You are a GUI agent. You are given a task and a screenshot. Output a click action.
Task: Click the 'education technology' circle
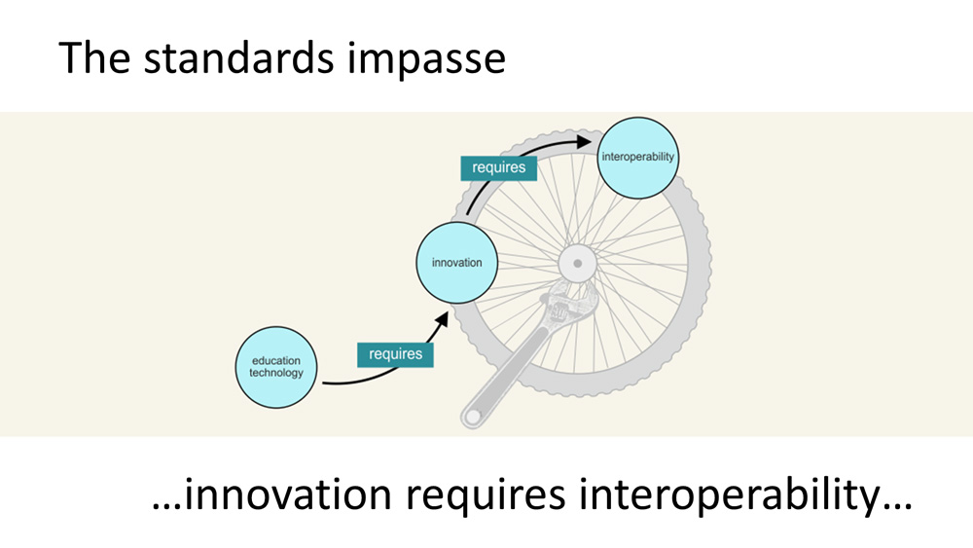click(x=276, y=367)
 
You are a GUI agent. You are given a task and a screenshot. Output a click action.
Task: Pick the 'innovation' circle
click(x=456, y=263)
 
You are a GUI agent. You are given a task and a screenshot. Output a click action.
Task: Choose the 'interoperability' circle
click(x=637, y=157)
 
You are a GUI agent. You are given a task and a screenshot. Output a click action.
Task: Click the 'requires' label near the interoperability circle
click(x=498, y=167)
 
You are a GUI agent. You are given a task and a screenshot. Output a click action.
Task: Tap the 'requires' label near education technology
click(x=395, y=353)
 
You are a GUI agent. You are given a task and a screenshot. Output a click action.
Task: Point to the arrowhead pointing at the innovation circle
click(x=443, y=318)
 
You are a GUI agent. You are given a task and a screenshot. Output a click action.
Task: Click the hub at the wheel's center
click(x=577, y=263)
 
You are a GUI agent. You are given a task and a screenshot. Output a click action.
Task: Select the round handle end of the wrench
click(x=473, y=416)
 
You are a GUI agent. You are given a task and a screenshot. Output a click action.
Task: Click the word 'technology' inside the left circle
click(x=276, y=373)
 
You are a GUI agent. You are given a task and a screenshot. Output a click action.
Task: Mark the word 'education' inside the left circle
click(x=276, y=361)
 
